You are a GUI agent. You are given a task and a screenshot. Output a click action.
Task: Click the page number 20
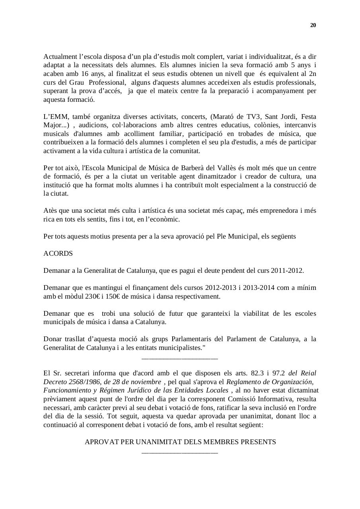point(313,25)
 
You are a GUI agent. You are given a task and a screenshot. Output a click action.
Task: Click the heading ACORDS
point(58,254)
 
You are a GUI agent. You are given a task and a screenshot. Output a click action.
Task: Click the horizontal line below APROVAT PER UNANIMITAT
point(180,453)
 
